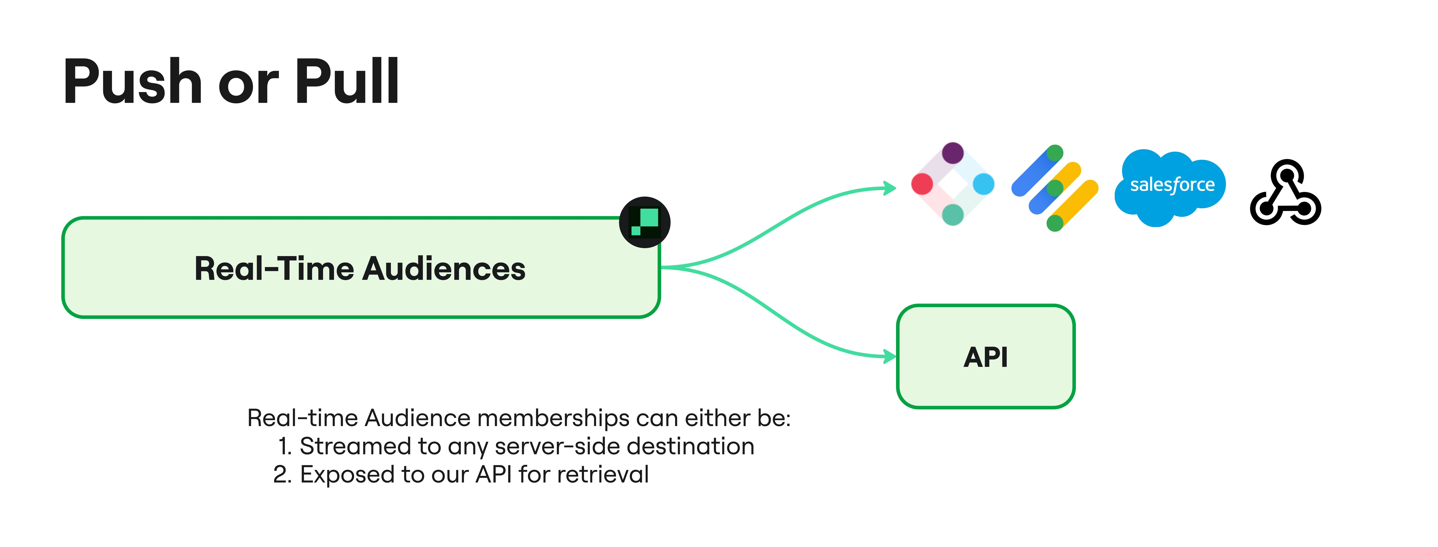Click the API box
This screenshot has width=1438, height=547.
pos(985,356)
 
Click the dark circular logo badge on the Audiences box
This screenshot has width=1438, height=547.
pos(645,222)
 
